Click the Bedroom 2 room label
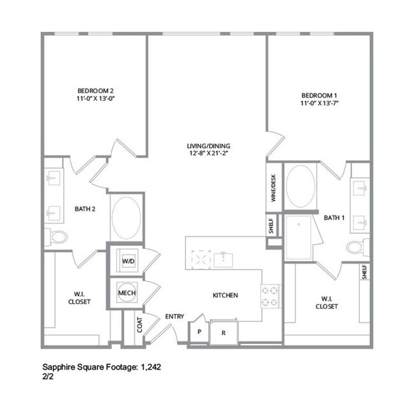pos(96,90)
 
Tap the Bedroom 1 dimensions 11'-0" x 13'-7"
pos(319,103)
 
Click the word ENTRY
pos(175,317)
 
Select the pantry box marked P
pos(199,332)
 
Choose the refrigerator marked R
pos(223,332)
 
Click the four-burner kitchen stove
pos(269,295)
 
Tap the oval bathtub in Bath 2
pos(128,215)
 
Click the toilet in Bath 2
pos(57,237)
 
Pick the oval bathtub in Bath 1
pos(301,185)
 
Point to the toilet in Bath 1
pos(357,246)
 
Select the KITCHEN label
pos(225,296)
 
